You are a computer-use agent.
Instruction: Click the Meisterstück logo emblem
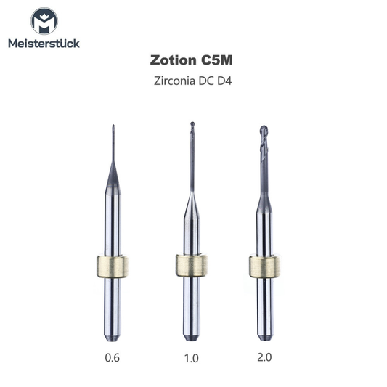43,21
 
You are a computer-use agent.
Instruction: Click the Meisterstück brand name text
44,43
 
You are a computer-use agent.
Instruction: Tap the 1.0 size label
191,357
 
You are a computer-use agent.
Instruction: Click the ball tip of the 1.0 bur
192,125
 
